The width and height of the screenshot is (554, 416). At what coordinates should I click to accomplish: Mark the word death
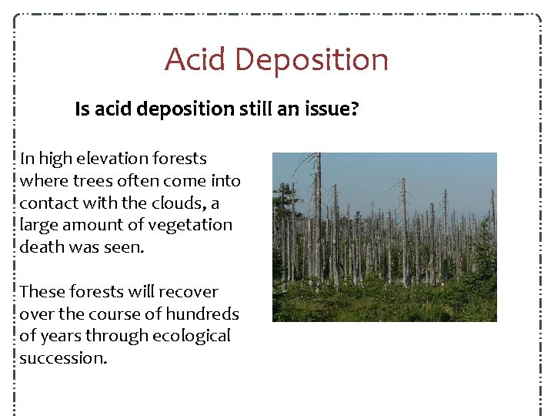click(41, 248)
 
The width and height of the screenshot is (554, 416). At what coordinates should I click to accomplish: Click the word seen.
click(125, 248)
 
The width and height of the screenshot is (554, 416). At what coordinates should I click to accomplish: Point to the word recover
click(189, 292)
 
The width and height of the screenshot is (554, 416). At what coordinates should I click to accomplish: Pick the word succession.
click(63, 358)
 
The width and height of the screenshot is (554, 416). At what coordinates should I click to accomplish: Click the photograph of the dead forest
click(384, 237)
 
